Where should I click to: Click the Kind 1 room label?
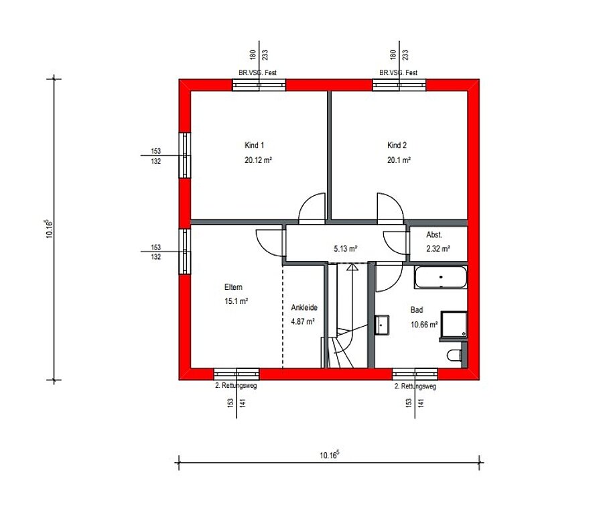click(254, 145)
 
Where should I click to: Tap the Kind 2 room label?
click(397, 145)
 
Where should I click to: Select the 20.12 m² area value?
click(259, 160)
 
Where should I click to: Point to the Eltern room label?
click(233, 286)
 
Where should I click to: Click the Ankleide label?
click(304, 307)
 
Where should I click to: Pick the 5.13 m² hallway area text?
click(345, 249)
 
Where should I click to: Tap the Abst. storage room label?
click(434, 234)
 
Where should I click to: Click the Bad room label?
click(417, 309)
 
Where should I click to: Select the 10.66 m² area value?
click(424, 325)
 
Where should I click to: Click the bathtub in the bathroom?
click(441, 277)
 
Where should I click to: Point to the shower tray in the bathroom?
click(454, 325)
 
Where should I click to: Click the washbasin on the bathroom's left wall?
click(382, 325)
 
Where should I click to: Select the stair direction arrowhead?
click(352, 267)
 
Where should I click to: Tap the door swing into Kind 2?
click(391, 208)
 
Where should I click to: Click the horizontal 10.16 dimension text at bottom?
click(329, 455)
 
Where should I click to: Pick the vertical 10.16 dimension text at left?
click(49, 229)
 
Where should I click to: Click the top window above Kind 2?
click(399, 85)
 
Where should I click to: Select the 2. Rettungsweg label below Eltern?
click(236, 385)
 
